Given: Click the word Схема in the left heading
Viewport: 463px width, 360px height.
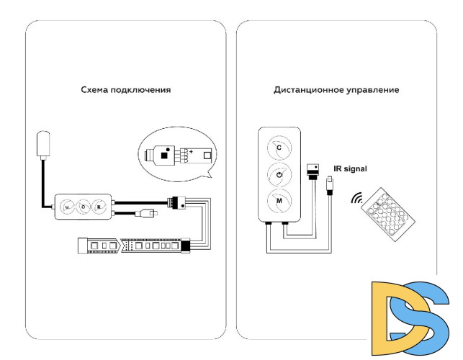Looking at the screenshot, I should (96, 91).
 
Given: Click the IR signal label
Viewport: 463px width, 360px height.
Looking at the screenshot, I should (350, 168).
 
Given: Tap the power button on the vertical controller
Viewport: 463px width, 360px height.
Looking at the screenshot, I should (279, 174).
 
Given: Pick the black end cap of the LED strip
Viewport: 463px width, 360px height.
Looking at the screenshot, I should (185, 246).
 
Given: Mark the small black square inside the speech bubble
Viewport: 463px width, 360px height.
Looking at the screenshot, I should (166, 153).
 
